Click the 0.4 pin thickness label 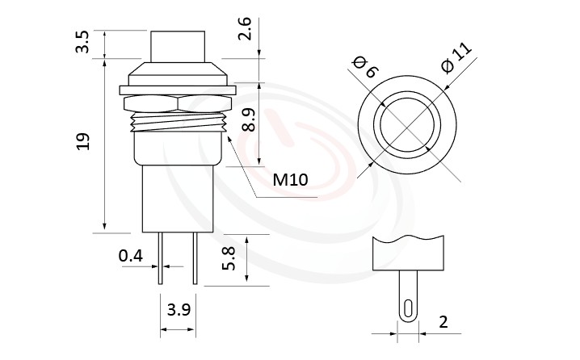tap(130, 257)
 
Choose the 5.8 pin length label tap(229, 259)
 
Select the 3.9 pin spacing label tap(178, 309)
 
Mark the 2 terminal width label tap(443, 321)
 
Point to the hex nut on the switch tap(178, 103)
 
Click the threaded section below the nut tap(178, 123)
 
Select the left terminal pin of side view tap(162, 258)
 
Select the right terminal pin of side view tap(194, 258)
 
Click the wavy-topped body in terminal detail tap(410, 254)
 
